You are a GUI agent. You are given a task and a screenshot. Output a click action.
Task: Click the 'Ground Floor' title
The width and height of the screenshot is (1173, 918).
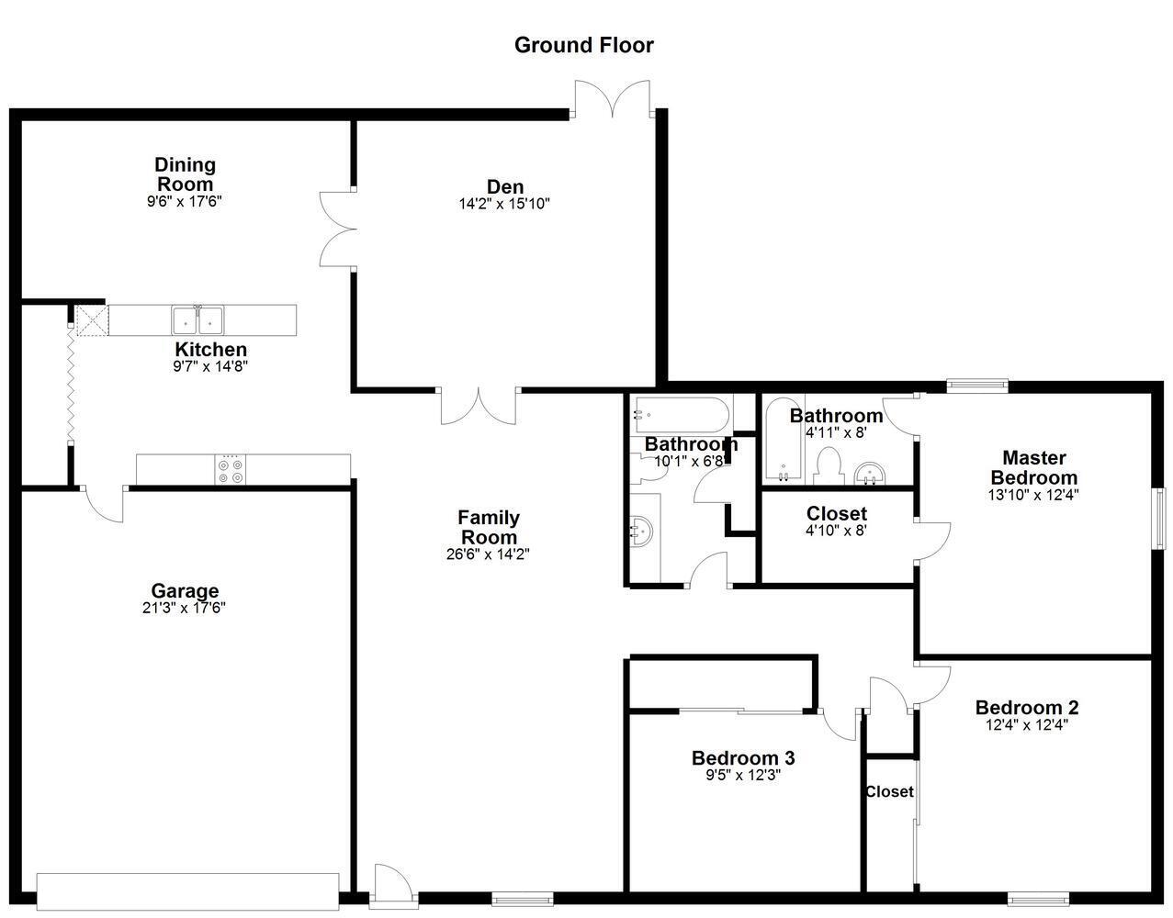(x=583, y=45)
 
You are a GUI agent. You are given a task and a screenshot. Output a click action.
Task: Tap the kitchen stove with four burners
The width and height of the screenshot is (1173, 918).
(x=231, y=470)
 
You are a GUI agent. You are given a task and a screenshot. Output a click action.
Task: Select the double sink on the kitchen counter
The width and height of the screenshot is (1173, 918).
(x=198, y=320)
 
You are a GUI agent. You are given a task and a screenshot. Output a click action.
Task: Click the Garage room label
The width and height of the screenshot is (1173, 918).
(x=185, y=591)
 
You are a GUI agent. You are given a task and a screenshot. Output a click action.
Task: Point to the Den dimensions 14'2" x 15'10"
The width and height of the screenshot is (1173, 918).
(x=504, y=204)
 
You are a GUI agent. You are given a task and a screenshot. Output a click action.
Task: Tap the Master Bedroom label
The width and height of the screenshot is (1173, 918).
(x=1033, y=467)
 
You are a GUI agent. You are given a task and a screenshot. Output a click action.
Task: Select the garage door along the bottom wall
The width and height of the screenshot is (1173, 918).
(x=187, y=889)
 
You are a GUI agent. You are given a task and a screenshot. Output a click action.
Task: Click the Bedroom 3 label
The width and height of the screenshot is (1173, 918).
(x=742, y=758)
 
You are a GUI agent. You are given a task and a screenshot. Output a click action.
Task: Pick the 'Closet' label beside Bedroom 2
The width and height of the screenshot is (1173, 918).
(x=889, y=791)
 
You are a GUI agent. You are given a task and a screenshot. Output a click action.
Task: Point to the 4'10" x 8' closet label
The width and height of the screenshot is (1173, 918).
(x=836, y=530)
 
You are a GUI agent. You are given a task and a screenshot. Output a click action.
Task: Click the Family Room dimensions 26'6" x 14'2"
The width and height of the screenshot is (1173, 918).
(x=488, y=554)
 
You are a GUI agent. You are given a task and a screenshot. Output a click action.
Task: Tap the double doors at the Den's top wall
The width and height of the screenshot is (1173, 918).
(x=613, y=99)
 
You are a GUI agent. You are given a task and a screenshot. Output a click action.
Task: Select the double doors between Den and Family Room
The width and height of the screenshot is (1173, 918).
(x=478, y=406)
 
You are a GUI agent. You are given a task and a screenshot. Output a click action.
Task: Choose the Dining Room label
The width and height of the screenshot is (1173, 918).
(x=185, y=174)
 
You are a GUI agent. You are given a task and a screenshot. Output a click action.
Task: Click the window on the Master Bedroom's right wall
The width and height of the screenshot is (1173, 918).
(x=1159, y=519)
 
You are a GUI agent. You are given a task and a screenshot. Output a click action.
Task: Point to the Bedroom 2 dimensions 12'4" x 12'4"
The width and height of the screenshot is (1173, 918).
(x=1026, y=724)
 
